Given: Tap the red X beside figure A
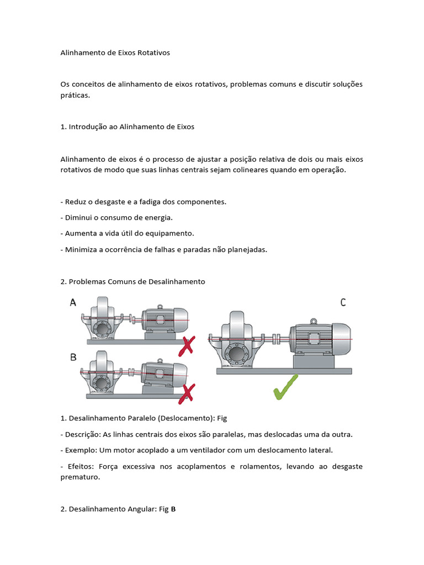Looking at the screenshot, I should (188, 345).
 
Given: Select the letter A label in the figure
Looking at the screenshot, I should (73, 302).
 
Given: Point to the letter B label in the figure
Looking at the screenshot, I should (73, 357).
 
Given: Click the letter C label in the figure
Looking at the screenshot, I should (343, 302).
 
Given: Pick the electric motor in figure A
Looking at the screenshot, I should (165, 319).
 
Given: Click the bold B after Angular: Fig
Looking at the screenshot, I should (173, 509).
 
